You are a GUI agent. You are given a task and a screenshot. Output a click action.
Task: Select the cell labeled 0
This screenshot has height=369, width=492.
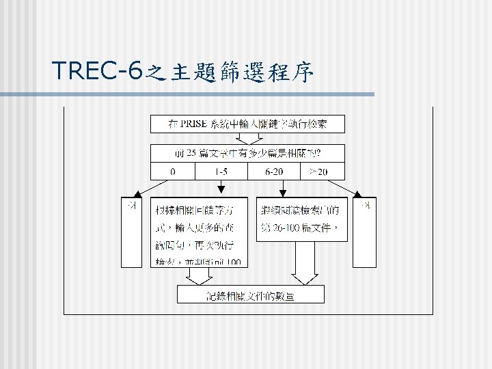pos(172,171)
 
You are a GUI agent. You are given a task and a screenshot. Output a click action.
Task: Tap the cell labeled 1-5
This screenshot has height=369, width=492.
pos(221,171)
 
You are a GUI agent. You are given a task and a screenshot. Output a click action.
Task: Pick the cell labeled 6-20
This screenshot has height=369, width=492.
pos(274,171)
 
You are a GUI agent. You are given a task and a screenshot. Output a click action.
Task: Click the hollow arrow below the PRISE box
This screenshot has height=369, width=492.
pos(248,138)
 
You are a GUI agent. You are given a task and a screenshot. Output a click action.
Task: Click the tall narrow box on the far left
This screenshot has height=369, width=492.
pos(131,232)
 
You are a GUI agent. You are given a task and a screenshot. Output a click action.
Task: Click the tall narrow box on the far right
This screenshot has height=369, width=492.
pos(368,232)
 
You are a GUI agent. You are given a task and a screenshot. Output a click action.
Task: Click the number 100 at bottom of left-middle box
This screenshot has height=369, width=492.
pos(232,262)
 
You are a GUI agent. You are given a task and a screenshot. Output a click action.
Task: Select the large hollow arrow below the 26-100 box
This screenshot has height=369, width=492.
pos(305,263)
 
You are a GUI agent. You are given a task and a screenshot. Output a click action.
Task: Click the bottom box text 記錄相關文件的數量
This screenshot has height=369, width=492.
pos(251,295)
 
